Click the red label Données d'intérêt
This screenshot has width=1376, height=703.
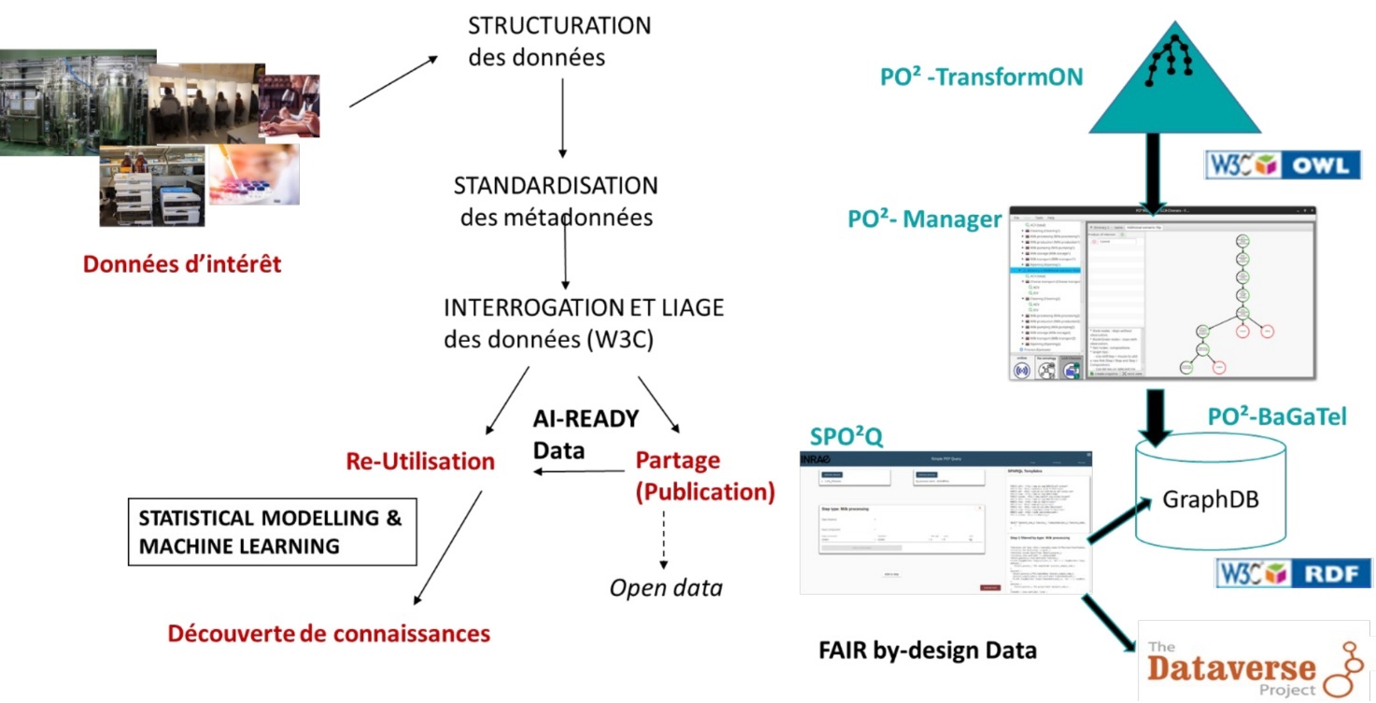(x=182, y=264)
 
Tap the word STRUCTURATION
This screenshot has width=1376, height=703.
(x=559, y=25)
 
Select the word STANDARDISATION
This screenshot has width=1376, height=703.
(x=555, y=185)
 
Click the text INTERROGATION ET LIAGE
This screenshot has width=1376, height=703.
(x=584, y=307)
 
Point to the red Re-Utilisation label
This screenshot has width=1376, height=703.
(x=419, y=460)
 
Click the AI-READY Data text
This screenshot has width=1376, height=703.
(x=585, y=434)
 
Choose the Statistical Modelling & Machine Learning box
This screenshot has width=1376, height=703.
(x=271, y=532)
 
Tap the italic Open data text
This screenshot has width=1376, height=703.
(x=666, y=588)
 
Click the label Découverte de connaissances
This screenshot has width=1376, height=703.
(x=329, y=634)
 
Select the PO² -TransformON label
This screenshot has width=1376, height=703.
(x=981, y=77)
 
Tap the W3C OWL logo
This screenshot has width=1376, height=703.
(x=1282, y=165)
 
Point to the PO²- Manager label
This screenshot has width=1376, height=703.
(x=924, y=219)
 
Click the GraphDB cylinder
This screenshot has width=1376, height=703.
(x=1210, y=499)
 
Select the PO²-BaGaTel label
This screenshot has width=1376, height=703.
(x=1277, y=417)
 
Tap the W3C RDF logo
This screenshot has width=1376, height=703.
(x=1293, y=572)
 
